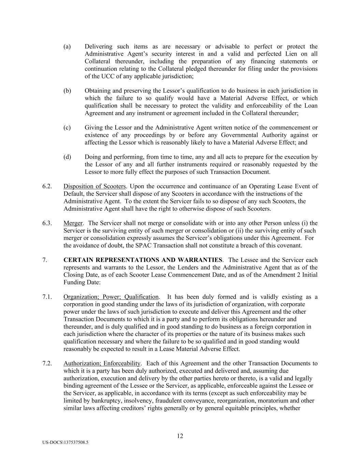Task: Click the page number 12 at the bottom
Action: click(x=180, y=436)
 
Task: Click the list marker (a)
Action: click(x=67, y=46)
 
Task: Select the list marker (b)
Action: click(x=67, y=91)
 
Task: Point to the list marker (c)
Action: click(x=67, y=128)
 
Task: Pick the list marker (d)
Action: click(x=67, y=157)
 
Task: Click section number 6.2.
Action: click(x=47, y=186)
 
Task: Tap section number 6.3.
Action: click(x=47, y=223)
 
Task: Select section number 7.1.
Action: click(x=47, y=297)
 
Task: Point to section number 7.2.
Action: click(x=47, y=364)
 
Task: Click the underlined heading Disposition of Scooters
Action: click(x=95, y=186)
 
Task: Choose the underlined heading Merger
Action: click(x=73, y=223)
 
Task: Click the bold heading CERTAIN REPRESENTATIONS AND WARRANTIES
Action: click(x=143, y=260)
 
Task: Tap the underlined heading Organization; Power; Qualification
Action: click(x=111, y=297)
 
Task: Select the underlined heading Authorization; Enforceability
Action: click(x=102, y=364)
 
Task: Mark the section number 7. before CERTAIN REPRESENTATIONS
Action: click(x=45, y=260)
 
